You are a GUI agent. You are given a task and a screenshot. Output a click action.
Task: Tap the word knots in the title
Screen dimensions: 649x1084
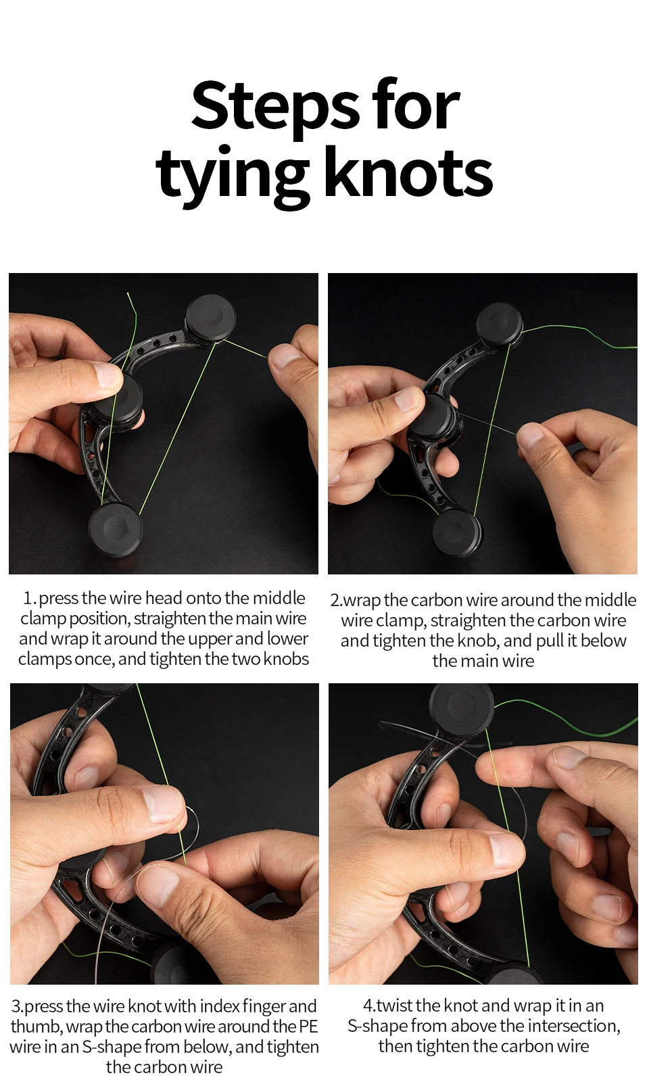click(x=409, y=173)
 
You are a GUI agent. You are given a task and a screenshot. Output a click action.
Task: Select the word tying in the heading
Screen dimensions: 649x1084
click(x=233, y=179)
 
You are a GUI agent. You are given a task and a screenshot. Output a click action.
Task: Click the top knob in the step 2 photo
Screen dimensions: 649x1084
click(x=500, y=323)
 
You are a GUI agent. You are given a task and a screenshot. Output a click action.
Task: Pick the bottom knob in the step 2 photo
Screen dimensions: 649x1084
click(x=457, y=533)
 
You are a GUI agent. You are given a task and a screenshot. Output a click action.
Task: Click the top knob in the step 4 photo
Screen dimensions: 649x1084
click(x=461, y=706)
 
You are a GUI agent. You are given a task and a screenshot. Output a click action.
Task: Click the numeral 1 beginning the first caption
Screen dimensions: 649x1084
click(x=28, y=599)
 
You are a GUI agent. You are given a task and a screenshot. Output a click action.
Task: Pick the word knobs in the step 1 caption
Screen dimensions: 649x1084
click(x=285, y=659)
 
